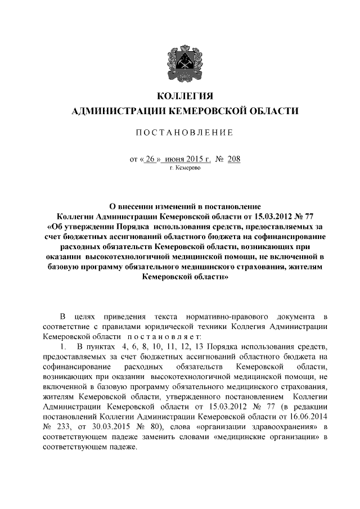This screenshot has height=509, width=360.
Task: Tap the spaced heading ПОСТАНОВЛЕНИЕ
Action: [x=179, y=133]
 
